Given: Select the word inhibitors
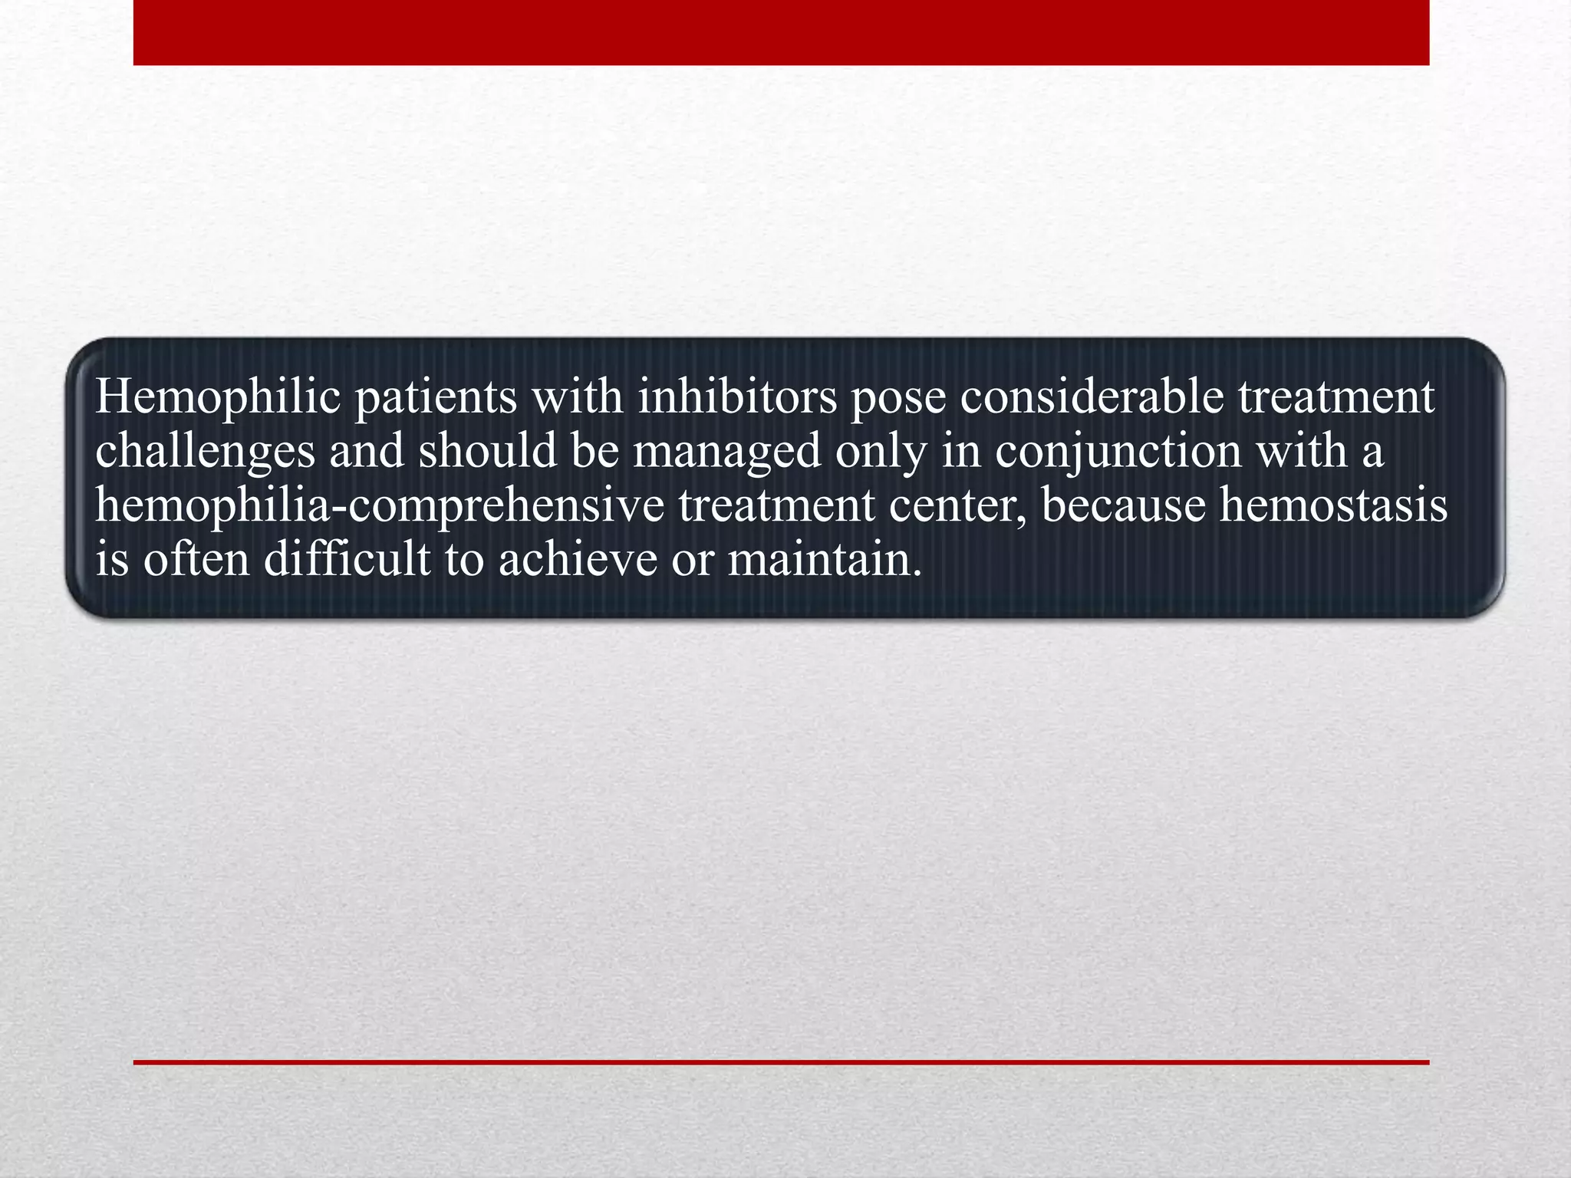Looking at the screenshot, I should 737,397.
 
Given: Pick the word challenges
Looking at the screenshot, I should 205,452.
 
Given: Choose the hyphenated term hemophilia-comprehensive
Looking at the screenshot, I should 380,507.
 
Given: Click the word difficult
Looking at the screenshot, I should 347,559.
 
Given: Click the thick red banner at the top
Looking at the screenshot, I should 781,32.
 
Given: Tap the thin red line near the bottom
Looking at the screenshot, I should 781,1062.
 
